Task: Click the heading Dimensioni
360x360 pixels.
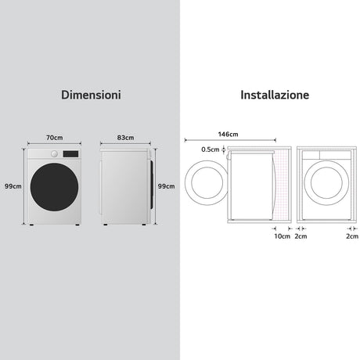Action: pyautogui.click(x=91, y=95)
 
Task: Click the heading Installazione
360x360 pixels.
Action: pyautogui.click(x=275, y=95)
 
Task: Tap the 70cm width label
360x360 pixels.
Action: pyautogui.click(x=55, y=138)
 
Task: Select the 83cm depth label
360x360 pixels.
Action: pyautogui.click(x=125, y=138)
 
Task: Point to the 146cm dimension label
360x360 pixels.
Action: pyautogui.click(x=229, y=134)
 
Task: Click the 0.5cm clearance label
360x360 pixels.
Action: pyautogui.click(x=211, y=149)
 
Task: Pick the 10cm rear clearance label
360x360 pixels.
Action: pyautogui.click(x=282, y=236)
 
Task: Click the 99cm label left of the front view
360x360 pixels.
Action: pyautogui.click(x=13, y=186)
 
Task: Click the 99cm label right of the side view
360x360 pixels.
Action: pyautogui.click(x=166, y=186)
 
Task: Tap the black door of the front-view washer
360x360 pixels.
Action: pyautogui.click(x=54, y=187)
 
